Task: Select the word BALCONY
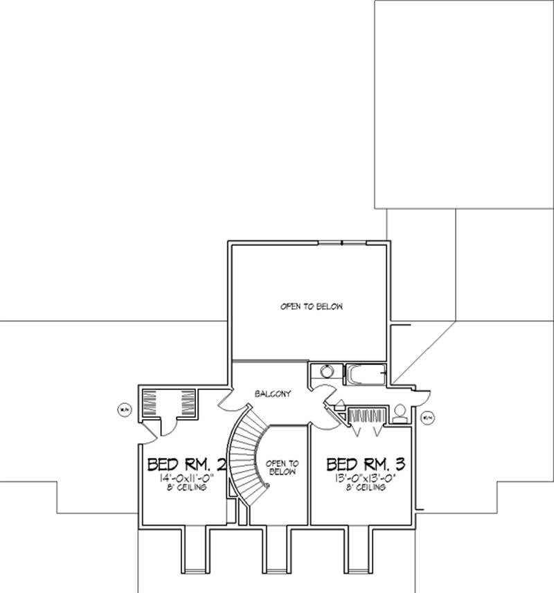coord(273,393)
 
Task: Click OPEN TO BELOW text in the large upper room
coord(311,306)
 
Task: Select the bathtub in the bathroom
coord(365,374)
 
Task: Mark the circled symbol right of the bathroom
coord(427,417)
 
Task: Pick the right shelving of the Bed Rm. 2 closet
coord(188,402)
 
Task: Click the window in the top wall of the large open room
coord(343,242)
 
